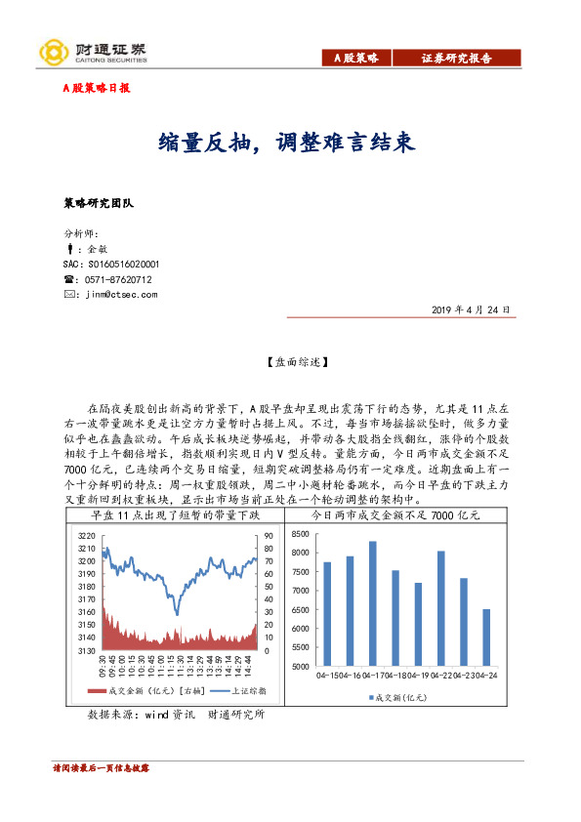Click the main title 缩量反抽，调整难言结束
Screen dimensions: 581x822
[288, 143]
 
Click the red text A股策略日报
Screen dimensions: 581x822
[96, 88]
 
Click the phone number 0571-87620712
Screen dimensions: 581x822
[119, 279]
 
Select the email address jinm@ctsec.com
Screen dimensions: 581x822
[121, 294]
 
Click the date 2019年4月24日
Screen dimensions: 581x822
[471, 309]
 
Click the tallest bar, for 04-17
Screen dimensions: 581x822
[372, 603]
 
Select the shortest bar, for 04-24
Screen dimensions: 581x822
[486, 637]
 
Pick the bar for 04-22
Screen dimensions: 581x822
[440, 608]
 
